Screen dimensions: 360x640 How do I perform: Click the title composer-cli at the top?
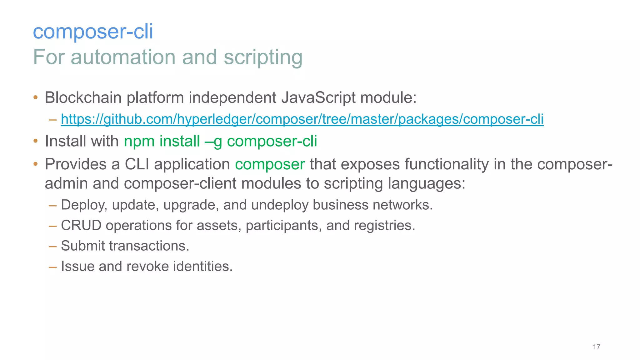[x=93, y=32]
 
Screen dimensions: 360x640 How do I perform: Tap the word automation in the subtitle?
[x=124, y=57]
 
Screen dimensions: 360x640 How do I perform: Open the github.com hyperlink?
[x=302, y=119]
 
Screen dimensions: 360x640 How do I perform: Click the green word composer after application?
[x=270, y=164]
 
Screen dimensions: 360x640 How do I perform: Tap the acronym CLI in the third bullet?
[x=137, y=164]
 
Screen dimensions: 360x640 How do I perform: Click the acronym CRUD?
[x=81, y=225]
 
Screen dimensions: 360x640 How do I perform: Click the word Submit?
[x=83, y=246]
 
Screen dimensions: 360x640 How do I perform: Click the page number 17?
[x=596, y=347]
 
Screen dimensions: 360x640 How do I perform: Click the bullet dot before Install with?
[x=36, y=141]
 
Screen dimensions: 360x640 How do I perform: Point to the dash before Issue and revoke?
[x=52, y=267]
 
